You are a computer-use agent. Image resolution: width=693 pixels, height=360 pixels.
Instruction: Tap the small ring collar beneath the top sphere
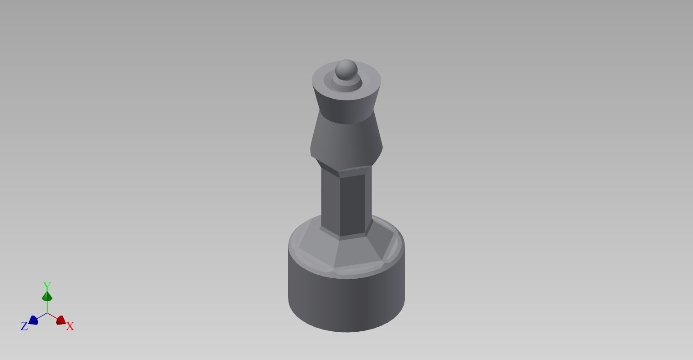[346, 83]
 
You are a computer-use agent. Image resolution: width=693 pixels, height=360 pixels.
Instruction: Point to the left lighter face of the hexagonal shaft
[330, 200]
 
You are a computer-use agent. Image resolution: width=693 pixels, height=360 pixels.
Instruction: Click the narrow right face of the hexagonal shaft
[368, 198]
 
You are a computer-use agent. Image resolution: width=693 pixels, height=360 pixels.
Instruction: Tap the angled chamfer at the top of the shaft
[355, 171]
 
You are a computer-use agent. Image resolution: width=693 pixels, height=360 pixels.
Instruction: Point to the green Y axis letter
[47, 285]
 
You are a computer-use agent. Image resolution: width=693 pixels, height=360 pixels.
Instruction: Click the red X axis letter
[70, 327]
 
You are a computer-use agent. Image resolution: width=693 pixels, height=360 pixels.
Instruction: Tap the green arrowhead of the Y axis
[47, 296]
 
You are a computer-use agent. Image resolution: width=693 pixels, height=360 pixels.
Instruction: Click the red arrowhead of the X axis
[61, 320]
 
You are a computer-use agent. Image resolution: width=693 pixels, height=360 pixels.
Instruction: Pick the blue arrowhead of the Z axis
[33, 320]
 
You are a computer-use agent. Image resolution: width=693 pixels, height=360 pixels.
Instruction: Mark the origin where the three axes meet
[47, 313]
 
